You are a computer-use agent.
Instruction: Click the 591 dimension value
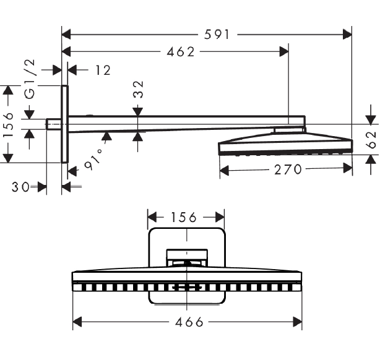[x=217, y=35]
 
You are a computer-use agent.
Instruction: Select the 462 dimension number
[x=181, y=52]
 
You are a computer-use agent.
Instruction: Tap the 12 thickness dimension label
[x=103, y=71]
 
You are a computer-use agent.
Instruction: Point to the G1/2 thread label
[x=30, y=79]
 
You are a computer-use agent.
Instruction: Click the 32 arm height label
[x=139, y=90]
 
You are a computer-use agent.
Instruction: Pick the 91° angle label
[x=93, y=160]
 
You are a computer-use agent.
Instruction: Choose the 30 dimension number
[x=20, y=187]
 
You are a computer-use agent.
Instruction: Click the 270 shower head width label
[x=288, y=169]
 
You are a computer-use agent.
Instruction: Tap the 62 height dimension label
[x=371, y=140]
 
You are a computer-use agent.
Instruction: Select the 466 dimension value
[x=189, y=322]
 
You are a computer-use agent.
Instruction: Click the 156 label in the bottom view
[x=183, y=217]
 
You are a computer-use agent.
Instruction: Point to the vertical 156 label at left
[x=8, y=125]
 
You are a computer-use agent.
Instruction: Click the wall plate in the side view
[x=64, y=124]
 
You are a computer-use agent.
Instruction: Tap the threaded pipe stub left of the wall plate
[x=54, y=124]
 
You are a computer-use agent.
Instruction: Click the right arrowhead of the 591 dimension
[x=347, y=35]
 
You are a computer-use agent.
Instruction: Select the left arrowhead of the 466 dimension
[x=77, y=322]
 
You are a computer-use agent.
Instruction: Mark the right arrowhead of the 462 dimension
[x=284, y=52]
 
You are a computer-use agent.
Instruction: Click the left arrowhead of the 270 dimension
[x=224, y=170]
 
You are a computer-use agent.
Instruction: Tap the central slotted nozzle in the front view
[x=187, y=288]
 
